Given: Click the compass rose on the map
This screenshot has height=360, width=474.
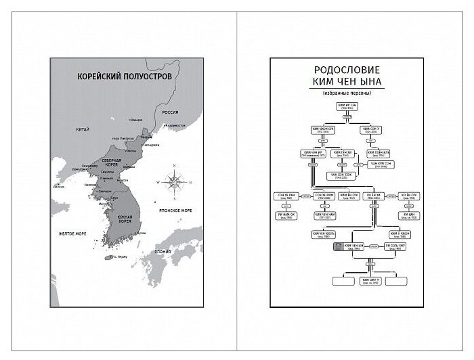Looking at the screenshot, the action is click(x=175, y=182).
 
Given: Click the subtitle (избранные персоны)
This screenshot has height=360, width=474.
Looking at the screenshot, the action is click(x=347, y=94).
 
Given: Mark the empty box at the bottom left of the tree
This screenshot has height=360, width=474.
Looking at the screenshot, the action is click(x=333, y=280).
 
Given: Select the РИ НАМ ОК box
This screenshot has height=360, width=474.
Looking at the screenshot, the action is click(x=285, y=216).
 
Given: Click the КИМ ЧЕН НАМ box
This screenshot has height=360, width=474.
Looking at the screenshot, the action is click(x=324, y=216).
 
